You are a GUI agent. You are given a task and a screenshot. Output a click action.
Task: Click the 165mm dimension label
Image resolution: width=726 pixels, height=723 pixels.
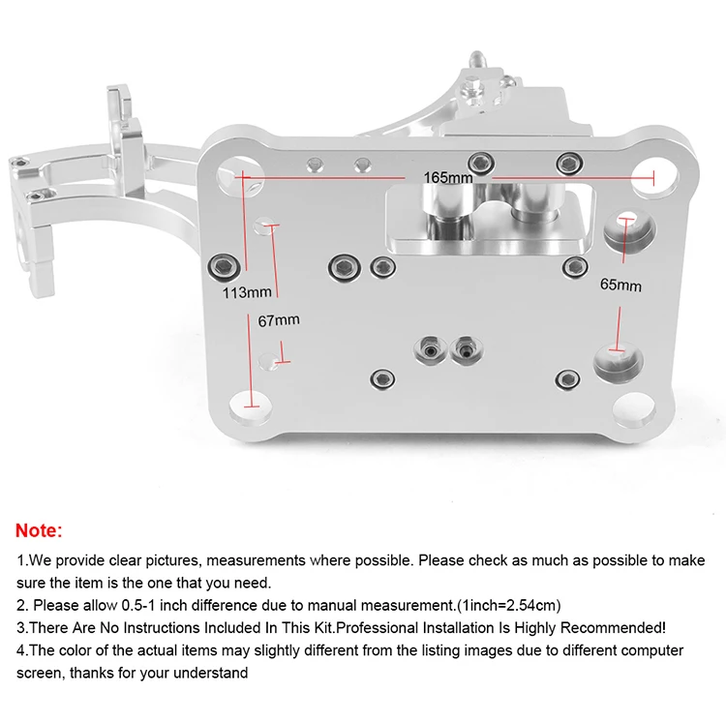[447, 178]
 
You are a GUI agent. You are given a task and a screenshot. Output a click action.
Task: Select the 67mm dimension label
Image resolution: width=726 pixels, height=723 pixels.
[279, 319]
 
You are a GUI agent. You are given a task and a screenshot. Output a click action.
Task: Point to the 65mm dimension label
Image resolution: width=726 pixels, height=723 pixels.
[620, 286]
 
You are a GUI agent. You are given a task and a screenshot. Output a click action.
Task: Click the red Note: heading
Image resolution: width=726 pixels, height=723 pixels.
[39, 530]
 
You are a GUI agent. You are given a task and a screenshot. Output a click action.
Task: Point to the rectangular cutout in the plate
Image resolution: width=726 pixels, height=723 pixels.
[483, 218]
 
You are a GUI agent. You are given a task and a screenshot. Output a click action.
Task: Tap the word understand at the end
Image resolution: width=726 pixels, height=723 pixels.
[215, 672]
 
